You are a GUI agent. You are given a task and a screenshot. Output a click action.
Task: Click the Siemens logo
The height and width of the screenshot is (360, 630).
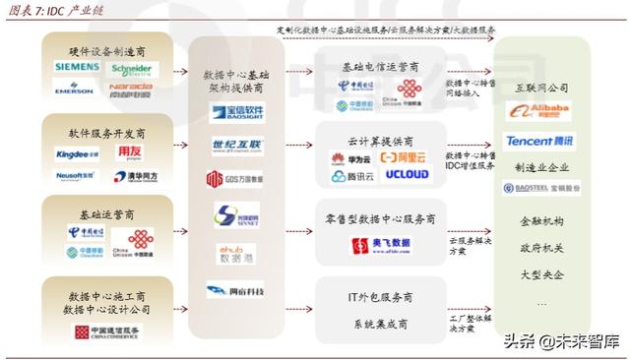(77, 67)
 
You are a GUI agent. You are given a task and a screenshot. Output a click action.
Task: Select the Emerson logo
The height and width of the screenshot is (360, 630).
(75, 89)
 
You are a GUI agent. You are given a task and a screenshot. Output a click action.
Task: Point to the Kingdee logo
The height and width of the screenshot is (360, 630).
(77, 153)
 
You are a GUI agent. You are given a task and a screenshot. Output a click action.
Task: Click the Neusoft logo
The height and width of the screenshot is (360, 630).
(75, 175)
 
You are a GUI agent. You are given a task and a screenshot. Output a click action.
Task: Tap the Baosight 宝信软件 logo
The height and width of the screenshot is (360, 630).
(237, 113)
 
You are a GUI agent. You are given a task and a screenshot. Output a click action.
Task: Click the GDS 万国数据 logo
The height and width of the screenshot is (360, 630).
(234, 179)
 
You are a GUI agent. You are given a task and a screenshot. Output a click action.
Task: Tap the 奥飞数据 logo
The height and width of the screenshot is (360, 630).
(379, 246)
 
